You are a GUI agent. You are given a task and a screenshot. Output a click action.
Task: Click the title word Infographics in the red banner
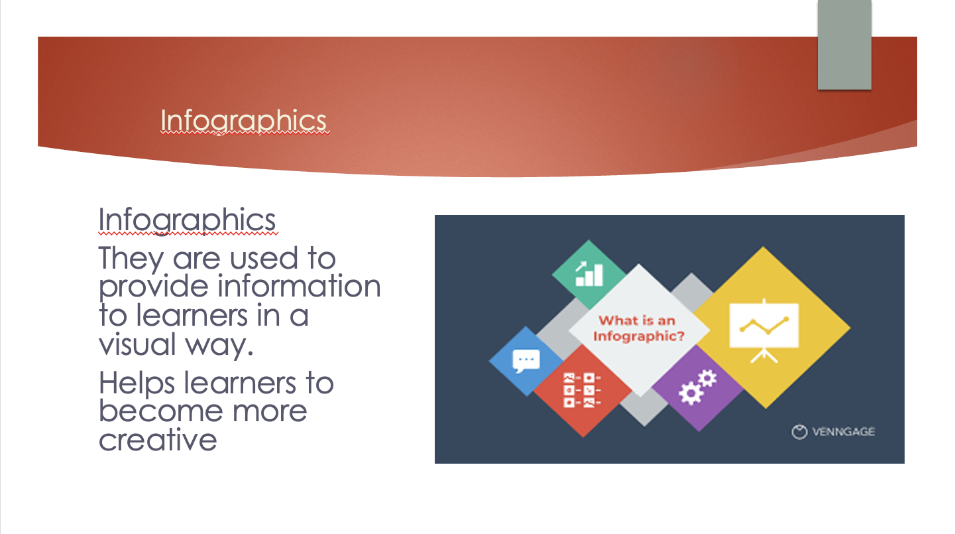click(x=243, y=121)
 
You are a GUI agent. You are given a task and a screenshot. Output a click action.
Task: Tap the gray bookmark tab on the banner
click(x=844, y=45)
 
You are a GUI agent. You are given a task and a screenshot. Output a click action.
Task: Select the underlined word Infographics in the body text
click(x=187, y=221)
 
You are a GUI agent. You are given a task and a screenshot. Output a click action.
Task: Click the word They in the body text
click(x=131, y=259)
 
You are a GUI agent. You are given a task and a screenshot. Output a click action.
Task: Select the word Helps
click(x=137, y=383)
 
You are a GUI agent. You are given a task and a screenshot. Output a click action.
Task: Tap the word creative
click(x=158, y=440)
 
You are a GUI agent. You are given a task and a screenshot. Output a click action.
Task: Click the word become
click(x=160, y=411)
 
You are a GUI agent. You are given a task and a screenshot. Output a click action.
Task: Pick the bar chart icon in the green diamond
click(x=589, y=273)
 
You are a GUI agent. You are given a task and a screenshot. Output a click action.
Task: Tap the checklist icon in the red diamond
click(x=582, y=390)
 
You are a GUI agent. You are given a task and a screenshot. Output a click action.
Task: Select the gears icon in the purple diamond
click(x=698, y=387)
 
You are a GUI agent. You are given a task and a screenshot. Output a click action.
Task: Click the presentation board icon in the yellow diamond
click(x=763, y=331)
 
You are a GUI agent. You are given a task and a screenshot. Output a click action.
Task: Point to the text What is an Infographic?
click(x=638, y=328)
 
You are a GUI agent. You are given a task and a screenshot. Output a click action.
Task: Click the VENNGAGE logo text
click(x=843, y=432)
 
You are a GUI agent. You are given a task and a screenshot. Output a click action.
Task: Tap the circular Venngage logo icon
click(x=799, y=432)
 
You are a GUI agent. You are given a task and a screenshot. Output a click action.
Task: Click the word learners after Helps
click(x=240, y=383)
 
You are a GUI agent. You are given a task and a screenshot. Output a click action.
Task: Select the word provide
click(x=154, y=287)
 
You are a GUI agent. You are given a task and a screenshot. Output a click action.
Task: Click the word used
click(x=264, y=258)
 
